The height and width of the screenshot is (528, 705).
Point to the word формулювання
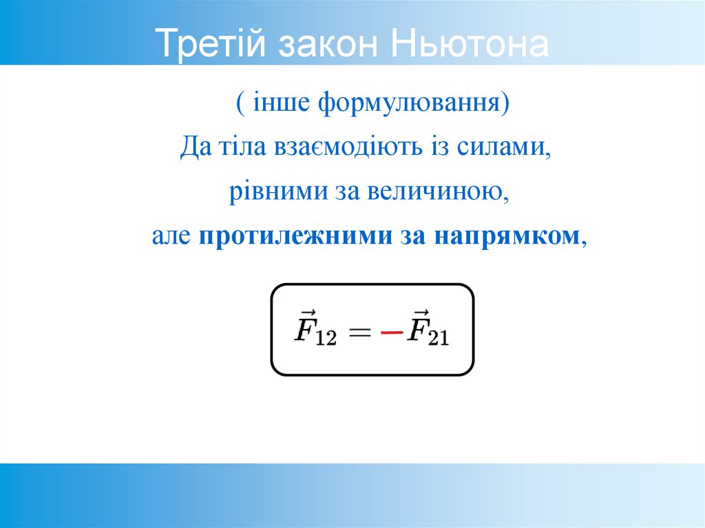pos(409,105)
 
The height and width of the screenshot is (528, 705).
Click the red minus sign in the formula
pos(392,332)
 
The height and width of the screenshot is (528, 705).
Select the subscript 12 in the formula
pos(326,340)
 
